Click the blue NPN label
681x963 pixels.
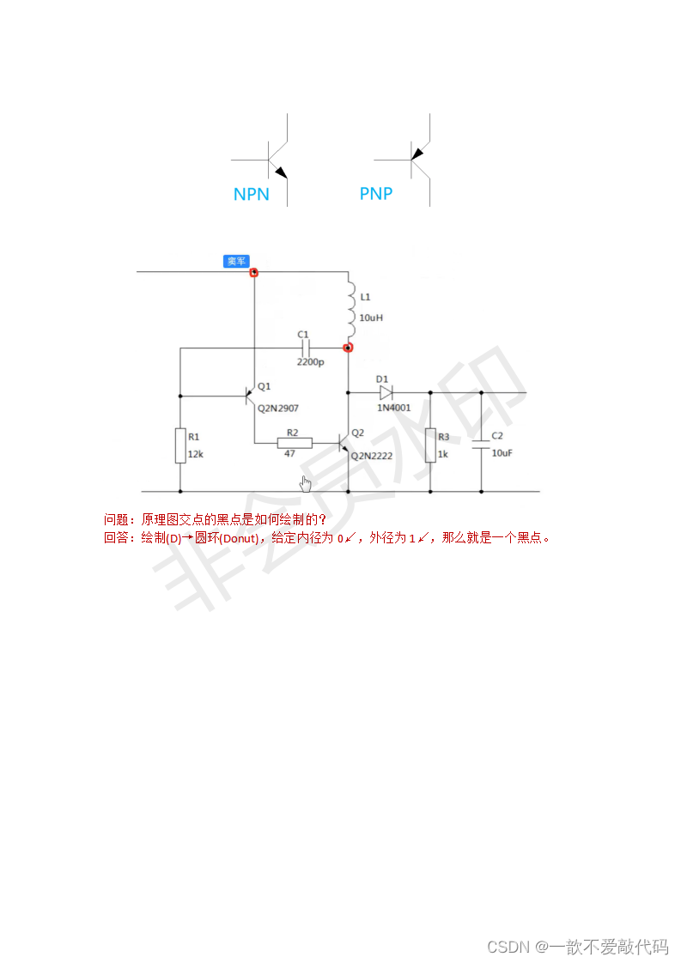point(251,195)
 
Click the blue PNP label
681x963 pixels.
point(375,194)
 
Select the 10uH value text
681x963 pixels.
point(371,318)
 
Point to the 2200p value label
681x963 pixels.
point(310,362)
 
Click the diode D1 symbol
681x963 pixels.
point(386,393)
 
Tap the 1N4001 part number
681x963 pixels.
point(394,408)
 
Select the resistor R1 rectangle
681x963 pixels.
point(180,445)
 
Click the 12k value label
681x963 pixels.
point(196,454)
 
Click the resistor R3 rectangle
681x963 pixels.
point(430,445)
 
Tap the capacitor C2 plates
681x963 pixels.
point(480,445)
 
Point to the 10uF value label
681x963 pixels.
point(502,453)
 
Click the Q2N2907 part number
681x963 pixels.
point(278,409)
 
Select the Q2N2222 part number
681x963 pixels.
point(372,456)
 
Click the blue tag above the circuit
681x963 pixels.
point(236,261)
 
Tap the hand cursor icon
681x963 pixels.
point(305,483)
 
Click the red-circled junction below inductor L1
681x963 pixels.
point(348,348)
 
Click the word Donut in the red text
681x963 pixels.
point(240,538)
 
